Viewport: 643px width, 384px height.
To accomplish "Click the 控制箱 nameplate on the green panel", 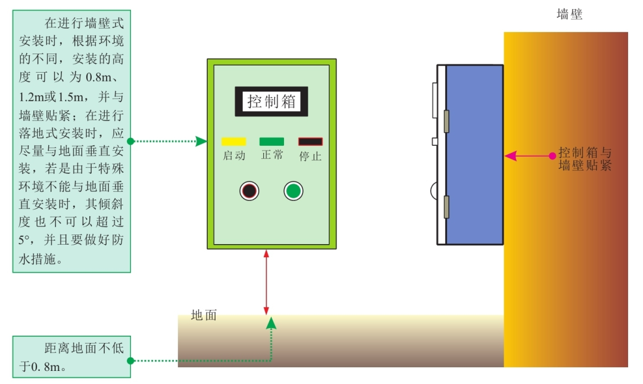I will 271,101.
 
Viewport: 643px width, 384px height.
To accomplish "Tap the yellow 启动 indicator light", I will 233,142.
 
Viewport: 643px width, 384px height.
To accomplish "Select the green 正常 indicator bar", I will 271,142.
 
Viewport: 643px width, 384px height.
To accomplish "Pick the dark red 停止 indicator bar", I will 310,142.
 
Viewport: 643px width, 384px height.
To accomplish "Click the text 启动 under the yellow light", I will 233,156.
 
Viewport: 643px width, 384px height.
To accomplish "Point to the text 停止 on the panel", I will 310,156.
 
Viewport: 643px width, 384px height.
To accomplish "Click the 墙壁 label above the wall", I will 569,15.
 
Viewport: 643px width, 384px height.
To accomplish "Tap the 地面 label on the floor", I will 204,316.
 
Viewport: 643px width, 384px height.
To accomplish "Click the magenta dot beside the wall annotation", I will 553,156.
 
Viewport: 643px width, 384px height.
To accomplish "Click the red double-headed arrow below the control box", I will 266,282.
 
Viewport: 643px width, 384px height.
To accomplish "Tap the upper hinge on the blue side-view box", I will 445,121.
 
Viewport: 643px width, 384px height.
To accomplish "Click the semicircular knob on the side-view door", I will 434,191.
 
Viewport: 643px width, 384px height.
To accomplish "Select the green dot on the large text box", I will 131,141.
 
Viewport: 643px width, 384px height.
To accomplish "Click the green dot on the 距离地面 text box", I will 131,361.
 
